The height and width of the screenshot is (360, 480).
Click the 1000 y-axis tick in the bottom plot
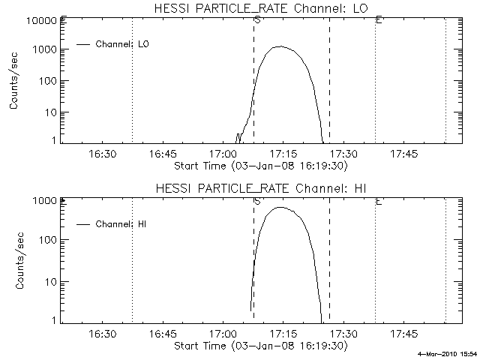coord(46,201)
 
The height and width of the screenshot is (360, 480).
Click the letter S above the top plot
coord(257,19)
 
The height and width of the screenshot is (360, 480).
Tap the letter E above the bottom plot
coord(379,201)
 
